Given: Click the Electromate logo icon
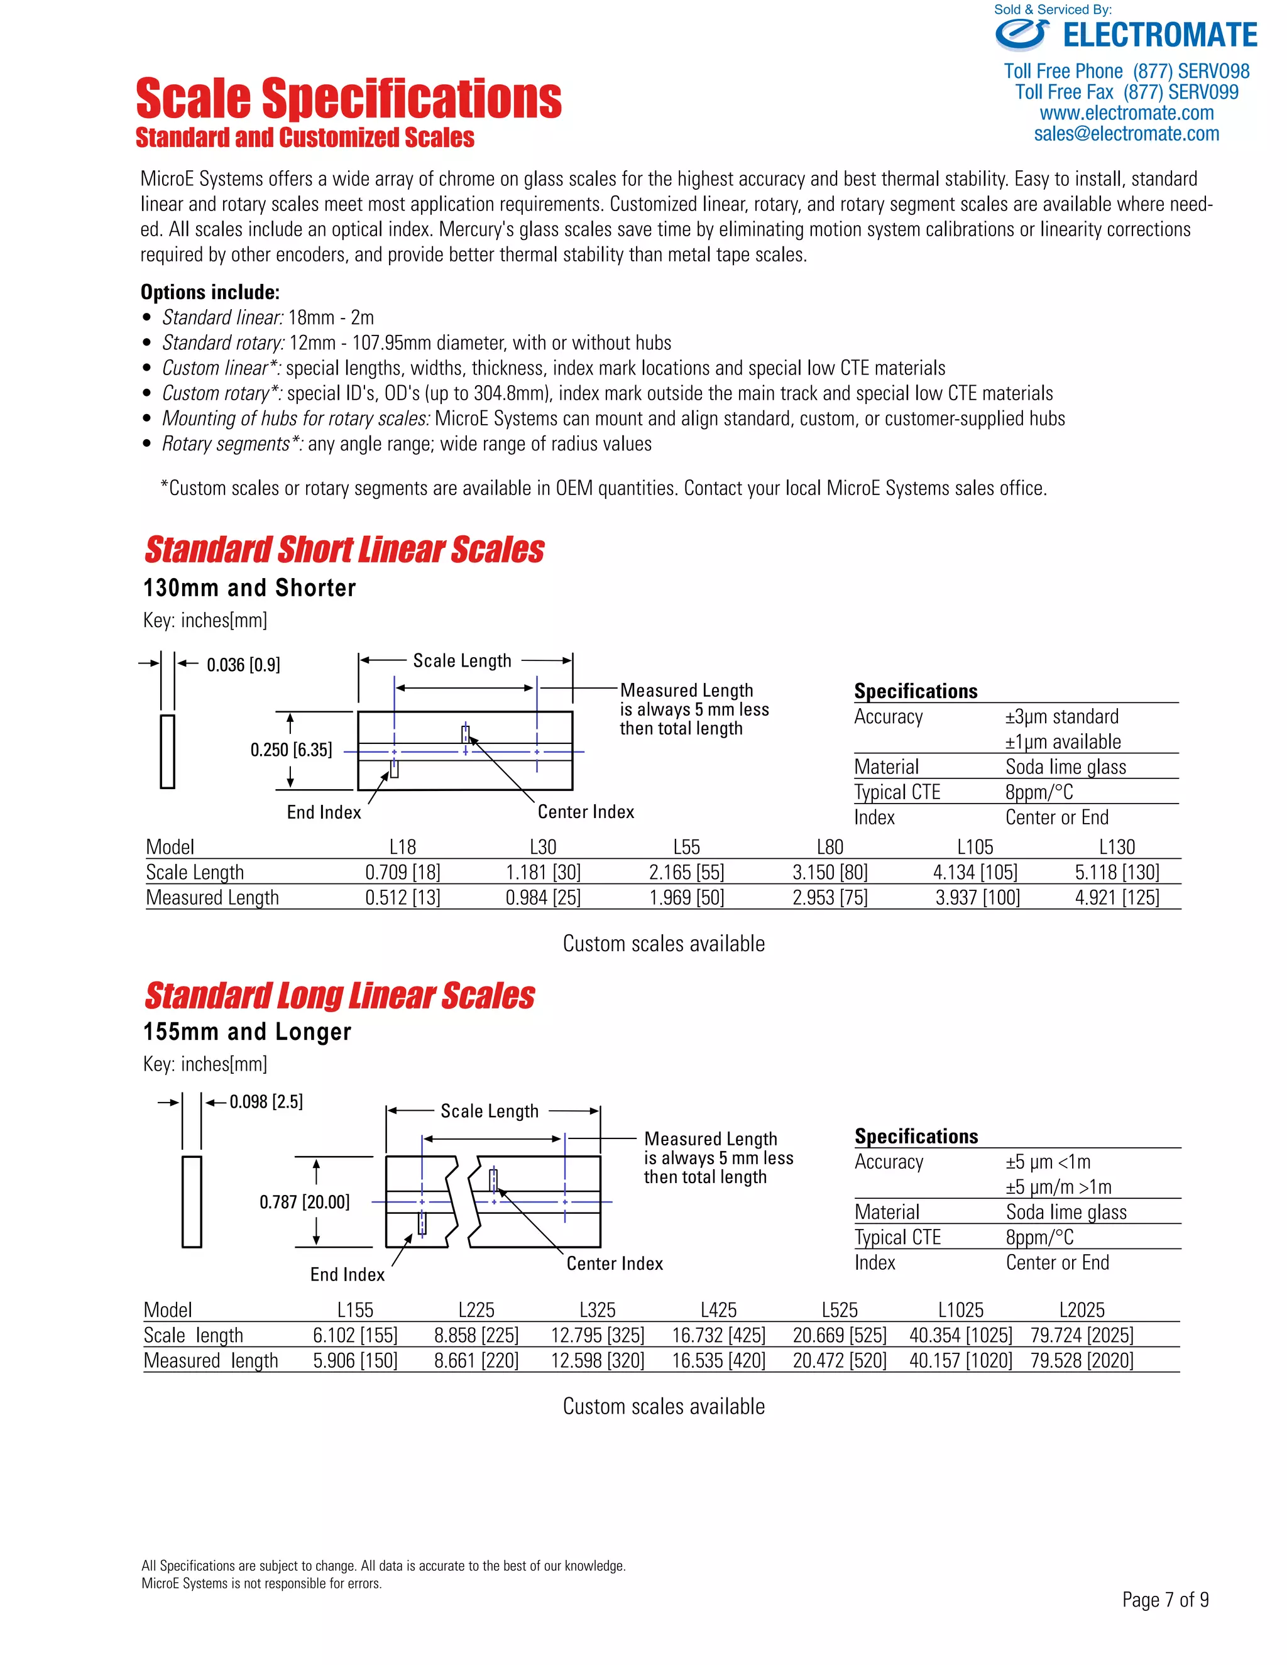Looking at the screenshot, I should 1022,35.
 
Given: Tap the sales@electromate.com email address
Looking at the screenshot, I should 1126,134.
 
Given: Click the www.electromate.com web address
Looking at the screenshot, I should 1126,114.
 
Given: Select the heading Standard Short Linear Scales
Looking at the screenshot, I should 344,550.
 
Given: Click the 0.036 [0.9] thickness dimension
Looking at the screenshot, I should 243,665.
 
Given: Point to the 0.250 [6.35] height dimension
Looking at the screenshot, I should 291,750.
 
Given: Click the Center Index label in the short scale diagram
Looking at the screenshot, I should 586,812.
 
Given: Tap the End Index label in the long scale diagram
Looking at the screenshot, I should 347,1275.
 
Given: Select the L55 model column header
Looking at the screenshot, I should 686,847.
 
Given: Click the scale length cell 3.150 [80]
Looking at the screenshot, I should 830,872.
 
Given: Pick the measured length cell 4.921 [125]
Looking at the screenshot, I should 1117,897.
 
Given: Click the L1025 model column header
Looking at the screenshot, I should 961,1310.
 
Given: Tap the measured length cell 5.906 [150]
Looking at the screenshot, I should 355,1360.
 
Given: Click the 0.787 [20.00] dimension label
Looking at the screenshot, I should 304,1202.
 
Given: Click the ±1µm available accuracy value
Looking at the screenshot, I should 1063,742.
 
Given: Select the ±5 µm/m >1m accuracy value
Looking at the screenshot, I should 1058,1187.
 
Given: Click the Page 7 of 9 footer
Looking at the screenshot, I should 1165,1600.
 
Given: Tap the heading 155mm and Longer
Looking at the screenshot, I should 247,1032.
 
